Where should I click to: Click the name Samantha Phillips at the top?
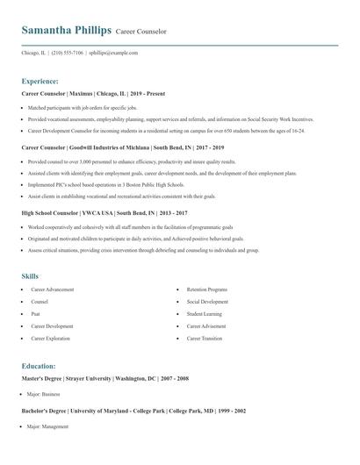(66, 31)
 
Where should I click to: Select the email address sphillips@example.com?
(113, 53)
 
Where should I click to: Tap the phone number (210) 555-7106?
(68, 53)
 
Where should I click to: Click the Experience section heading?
(40, 80)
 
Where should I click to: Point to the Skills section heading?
(31, 275)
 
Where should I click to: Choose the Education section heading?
(39, 366)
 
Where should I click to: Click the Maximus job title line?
(93, 93)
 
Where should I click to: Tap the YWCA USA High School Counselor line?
(104, 212)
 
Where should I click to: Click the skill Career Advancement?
(53, 290)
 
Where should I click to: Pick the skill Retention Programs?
(207, 290)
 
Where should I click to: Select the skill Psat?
(36, 313)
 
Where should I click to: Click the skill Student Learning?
(205, 313)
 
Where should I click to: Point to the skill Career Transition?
(205, 338)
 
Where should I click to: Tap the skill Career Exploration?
(51, 338)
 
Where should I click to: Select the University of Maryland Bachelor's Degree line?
(133, 411)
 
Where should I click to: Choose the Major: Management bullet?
(47, 426)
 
